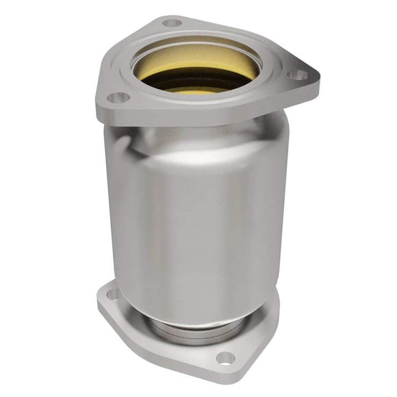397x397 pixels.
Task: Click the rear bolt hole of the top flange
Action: tap(172, 23)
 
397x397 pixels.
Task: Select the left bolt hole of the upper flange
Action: tap(114, 98)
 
